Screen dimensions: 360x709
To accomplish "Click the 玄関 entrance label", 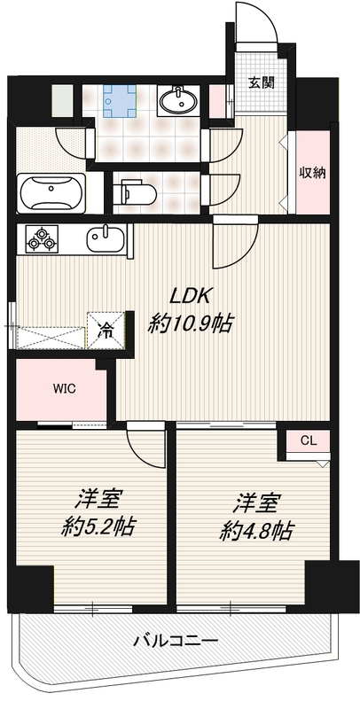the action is (262, 82).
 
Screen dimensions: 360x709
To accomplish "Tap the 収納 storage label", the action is (312, 173).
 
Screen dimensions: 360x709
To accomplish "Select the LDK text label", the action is (190, 296).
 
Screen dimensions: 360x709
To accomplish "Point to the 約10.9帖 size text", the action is (190, 323).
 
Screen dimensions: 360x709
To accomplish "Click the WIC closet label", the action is (61, 388).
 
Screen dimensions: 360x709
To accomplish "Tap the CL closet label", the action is (309, 441).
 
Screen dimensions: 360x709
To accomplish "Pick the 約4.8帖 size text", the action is (256, 530).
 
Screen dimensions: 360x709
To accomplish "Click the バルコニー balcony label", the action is (176, 640).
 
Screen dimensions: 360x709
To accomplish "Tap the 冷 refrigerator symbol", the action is (106, 331).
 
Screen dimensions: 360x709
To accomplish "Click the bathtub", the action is (51, 193).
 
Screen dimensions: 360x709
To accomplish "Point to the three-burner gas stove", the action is (43, 239).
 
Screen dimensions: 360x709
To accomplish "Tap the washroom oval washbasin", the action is (178, 99).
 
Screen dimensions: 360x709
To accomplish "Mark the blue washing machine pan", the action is (120, 101).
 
